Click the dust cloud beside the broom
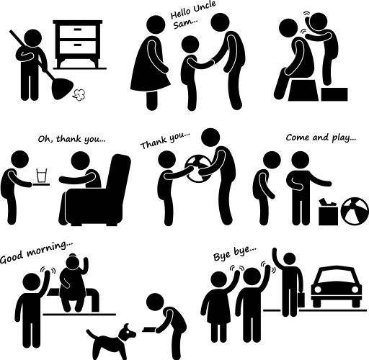coord(79,95)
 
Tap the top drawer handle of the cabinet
coord(78,30)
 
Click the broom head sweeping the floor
coord(62,89)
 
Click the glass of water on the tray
coord(42,176)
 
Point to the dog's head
coord(128,333)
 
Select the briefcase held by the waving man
coord(301,300)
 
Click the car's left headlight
coord(318,289)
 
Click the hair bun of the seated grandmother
coord(72,256)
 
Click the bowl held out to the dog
coord(149,330)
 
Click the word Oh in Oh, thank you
coord(44,139)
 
